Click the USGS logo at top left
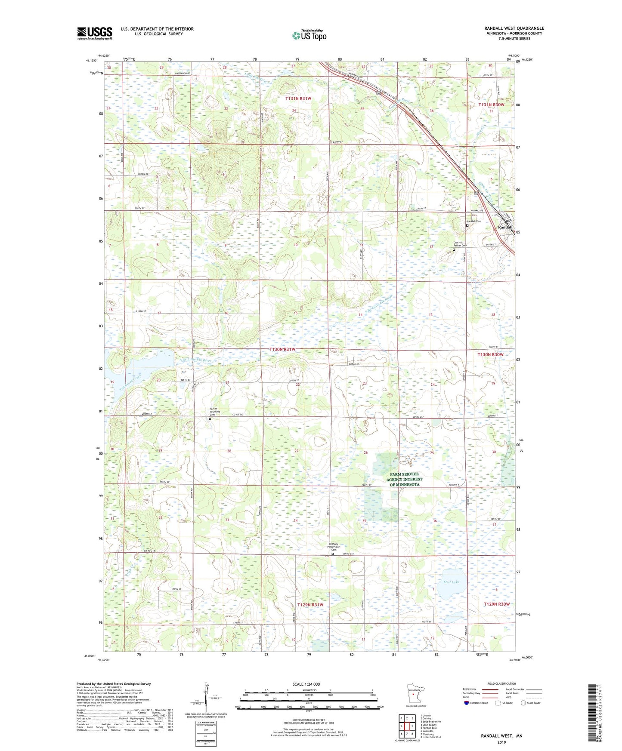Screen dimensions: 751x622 click(94, 33)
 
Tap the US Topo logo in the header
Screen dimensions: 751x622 click(309, 35)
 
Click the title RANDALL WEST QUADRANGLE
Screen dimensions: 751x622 click(514, 28)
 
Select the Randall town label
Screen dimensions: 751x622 click(505, 227)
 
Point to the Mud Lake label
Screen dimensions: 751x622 click(452, 582)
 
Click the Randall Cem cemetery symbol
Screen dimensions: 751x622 click(467, 225)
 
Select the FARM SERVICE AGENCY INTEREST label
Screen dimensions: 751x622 click(404, 479)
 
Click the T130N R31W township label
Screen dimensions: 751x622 click(282, 350)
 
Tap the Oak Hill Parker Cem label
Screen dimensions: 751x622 click(457, 244)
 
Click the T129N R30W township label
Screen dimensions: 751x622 click(496, 604)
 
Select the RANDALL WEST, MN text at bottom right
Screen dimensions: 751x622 click(501, 736)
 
